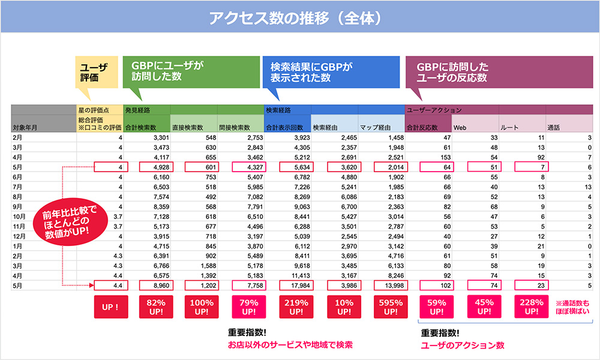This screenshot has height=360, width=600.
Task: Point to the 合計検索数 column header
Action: pos(146,127)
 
